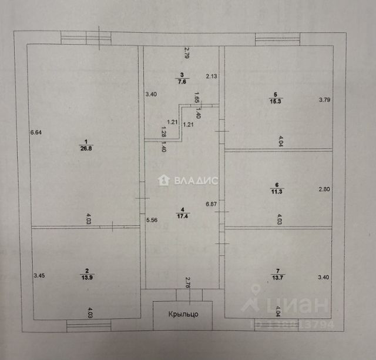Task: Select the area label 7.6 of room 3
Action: click(183, 82)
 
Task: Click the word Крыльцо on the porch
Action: click(183, 314)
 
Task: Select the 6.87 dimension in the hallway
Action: click(211, 204)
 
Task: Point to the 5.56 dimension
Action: click(152, 220)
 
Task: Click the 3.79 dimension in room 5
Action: click(325, 99)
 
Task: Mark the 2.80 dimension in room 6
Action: click(325, 189)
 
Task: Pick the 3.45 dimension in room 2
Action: click(39, 275)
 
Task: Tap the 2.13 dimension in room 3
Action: click(211, 76)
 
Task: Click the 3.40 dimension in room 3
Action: click(151, 94)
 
